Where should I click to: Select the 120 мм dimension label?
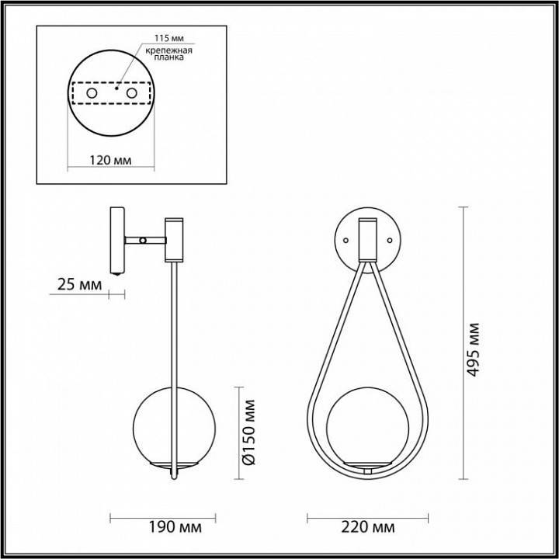pyautogui.click(x=111, y=160)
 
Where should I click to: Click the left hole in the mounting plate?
pyautogui.click(x=92, y=94)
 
